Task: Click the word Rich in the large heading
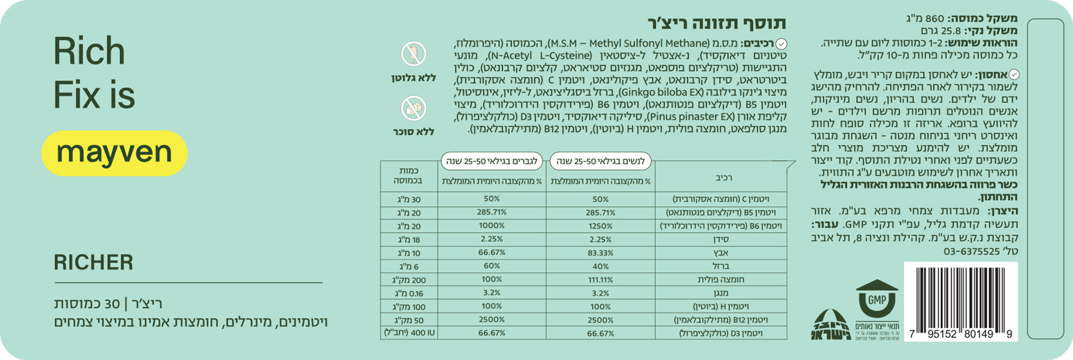pyautogui.click(x=89, y=52)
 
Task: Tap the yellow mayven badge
pyautogui.click(x=114, y=153)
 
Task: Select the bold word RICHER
pyautogui.click(x=93, y=262)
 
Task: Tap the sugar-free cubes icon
pyautogui.click(x=413, y=108)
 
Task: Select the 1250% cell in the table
pyautogui.click(x=600, y=226)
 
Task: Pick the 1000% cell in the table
pyautogui.click(x=492, y=226)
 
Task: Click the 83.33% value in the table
pyautogui.click(x=600, y=253)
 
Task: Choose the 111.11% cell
pyautogui.click(x=600, y=280)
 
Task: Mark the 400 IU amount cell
pyautogui.click(x=409, y=333)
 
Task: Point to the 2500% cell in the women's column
pyautogui.click(x=600, y=320)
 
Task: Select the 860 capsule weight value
pyautogui.click(x=935, y=19)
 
